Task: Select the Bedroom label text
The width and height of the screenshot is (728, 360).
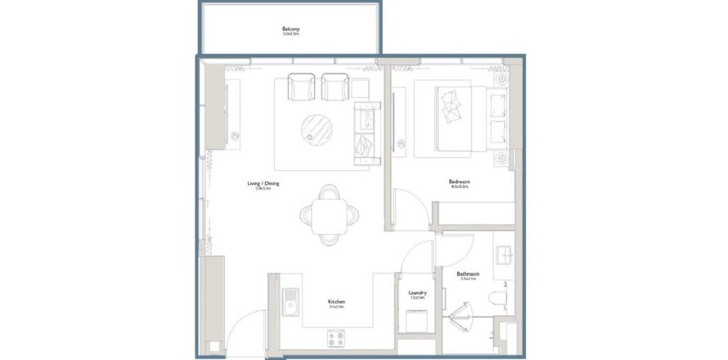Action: tap(459, 182)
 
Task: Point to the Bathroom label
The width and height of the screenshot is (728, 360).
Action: tap(469, 275)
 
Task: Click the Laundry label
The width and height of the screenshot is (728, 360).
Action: tap(417, 293)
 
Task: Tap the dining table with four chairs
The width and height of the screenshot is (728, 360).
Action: tap(329, 215)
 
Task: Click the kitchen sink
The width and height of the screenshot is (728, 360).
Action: tap(290, 307)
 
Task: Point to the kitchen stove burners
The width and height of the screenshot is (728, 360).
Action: tap(337, 336)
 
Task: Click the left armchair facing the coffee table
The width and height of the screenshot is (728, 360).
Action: tap(301, 87)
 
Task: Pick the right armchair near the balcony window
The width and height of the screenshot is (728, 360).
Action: tap(335, 87)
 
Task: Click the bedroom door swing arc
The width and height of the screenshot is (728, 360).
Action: tap(409, 205)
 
